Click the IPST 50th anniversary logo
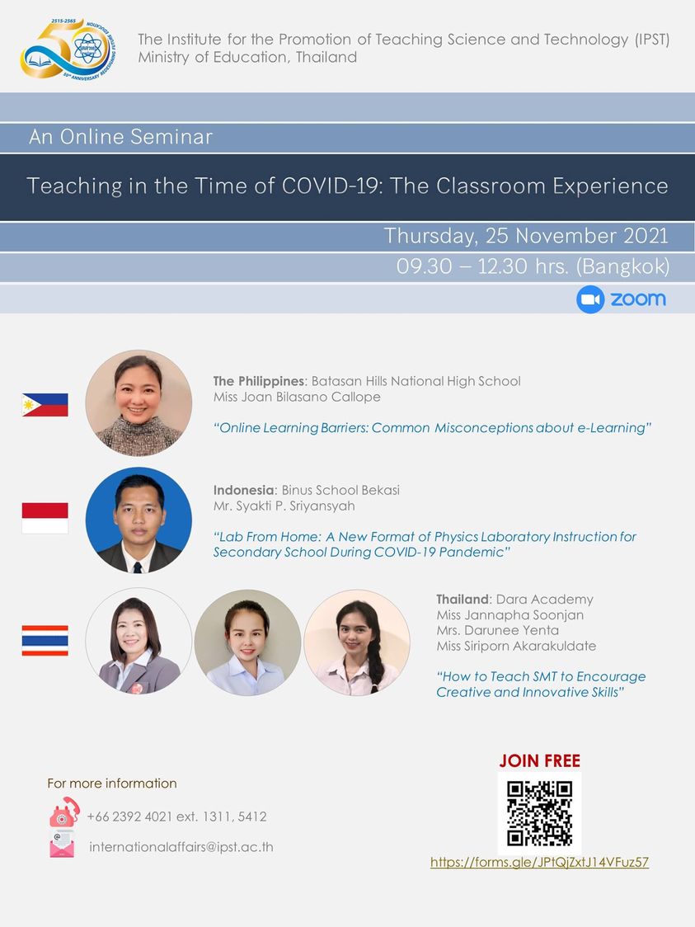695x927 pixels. tap(68, 49)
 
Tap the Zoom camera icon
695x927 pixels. tap(589, 299)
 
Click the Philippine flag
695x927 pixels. tap(45, 405)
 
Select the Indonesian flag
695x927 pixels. tap(45, 518)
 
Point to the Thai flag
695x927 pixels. tap(45, 640)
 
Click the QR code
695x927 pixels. tap(539, 813)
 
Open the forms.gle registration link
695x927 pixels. tap(539, 862)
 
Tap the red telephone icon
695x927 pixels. tap(64, 812)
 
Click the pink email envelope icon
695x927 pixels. tap(62, 844)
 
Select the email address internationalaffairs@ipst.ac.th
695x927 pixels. tap(181, 847)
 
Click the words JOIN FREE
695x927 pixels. tap(539, 761)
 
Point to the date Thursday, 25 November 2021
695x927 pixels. tap(526, 236)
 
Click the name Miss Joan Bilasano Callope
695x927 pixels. tap(297, 397)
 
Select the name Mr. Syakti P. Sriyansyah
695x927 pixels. tap(284, 506)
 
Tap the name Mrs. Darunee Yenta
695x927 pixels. tap(498, 630)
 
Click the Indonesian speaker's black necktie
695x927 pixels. tap(138, 567)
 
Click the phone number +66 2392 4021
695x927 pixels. tap(129, 816)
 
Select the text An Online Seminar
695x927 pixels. tap(120, 137)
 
